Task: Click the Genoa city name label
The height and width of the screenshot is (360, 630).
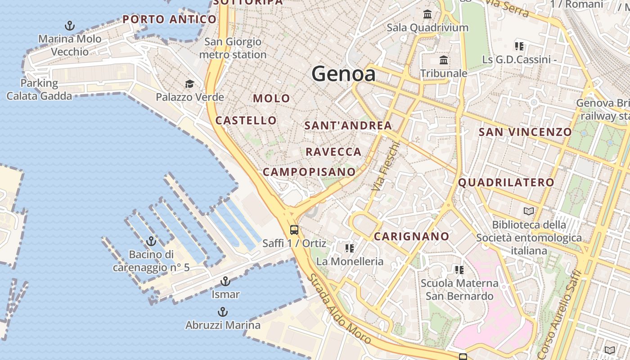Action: point(343,73)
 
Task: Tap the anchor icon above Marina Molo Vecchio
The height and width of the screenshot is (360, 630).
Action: point(70,25)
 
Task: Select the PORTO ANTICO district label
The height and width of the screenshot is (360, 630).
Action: point(169,19)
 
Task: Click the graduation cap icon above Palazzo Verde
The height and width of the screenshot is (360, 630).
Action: point(189,84)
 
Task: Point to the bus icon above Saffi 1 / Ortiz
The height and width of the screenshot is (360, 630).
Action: point(294,230)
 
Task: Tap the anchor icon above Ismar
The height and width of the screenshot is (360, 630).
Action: point(225,282)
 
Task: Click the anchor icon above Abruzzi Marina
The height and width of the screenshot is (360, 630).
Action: point(222,312)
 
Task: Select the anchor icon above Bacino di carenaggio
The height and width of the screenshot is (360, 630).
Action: point(151,241)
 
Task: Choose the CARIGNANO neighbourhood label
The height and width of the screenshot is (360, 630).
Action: point(411,236)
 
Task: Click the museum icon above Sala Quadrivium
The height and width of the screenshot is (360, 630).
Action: point(427,14)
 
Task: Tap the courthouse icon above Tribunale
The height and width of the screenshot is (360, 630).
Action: point(444,60)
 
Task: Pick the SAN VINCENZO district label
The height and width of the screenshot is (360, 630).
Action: point(525,132)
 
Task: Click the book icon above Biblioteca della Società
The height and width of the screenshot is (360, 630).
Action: point(529,211)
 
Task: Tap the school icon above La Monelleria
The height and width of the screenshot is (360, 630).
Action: point(350,248)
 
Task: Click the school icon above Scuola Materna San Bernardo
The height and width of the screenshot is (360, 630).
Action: point(459,270)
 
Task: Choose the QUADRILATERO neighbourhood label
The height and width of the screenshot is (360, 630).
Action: point(506,182)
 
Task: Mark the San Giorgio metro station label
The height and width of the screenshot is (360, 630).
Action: point(233,48)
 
